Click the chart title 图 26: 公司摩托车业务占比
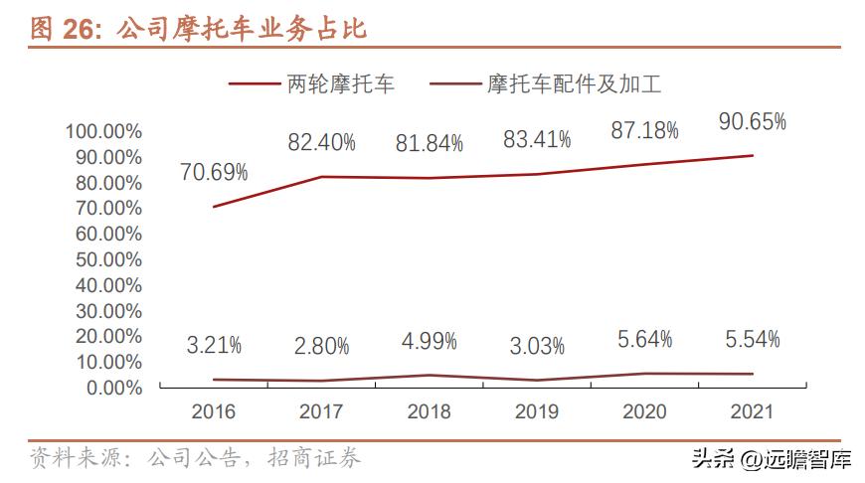[x=199, y=29]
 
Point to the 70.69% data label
[x=214, y=173]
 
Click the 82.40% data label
[x=321, y=143]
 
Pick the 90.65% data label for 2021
[x=752, y=122]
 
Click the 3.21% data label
[x=214, y=346]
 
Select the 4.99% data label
[x=429, y=342]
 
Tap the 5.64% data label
[x=644, y=340]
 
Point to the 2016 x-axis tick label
[x=214, y=411]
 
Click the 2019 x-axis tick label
[x=537, y=411]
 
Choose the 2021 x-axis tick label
[x=752, y=411]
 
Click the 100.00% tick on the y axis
[x=103, y=131]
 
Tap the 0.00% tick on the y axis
[x=111, y=388]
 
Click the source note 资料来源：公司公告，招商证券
[x=195, y=458]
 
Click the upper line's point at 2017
[x=321, y=177]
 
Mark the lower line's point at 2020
[x=644, y=374]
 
